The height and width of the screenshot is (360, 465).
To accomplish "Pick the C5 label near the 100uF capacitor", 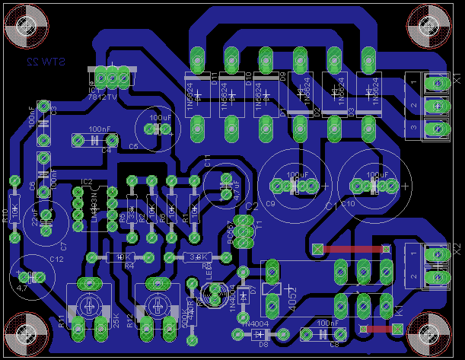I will click(x=133, y=145).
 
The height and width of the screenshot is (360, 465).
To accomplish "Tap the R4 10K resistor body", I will click(x=121, y=257).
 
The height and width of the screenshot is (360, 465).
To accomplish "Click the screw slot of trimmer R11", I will click(x=88, y=308).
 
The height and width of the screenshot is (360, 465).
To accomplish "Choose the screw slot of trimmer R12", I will click(x=158, y=308).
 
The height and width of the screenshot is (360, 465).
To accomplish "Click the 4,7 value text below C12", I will click(x=22, y=288).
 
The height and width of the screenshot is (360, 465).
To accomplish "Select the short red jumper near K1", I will click(x=379, y=329).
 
